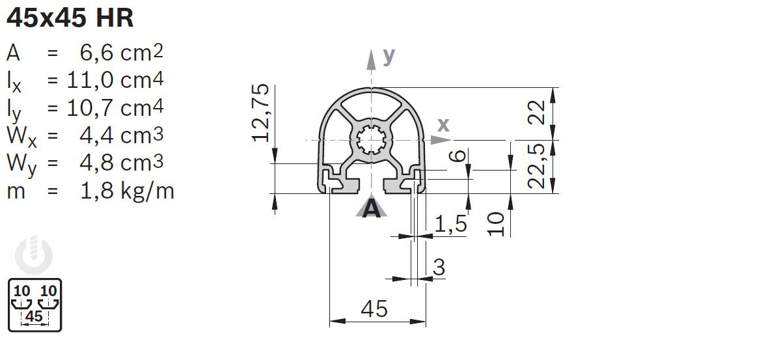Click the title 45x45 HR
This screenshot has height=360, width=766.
pyautogui.click(x=70, y=19)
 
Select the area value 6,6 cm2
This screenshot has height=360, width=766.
pyautogui.click(x=121, y=53)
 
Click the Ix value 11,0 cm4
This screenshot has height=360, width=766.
pyautogui.click(x=115, y=81)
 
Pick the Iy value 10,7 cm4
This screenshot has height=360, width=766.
pyautogui.click(x=115, y=108)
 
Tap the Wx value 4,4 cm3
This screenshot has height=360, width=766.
pyautogui.click(x=121, y=135)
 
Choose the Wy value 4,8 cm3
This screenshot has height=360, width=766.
pyautogui.click(x=121, y=163)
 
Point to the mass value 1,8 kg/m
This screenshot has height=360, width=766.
pyautogui.click(x=127, y=191)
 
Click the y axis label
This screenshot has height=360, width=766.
pyautogui.click(x=389, y=57)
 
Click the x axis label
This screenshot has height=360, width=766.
pyautogui.click(x=443, y=125)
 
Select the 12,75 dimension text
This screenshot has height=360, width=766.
pyautogui.click(x=261, y=113)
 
